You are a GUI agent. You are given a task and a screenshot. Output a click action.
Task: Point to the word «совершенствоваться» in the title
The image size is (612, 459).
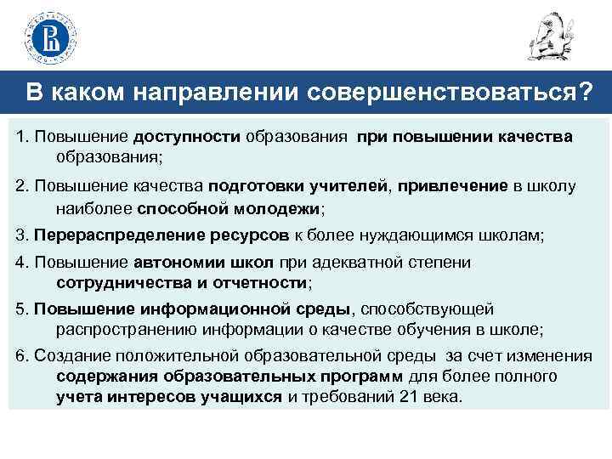(437, 92)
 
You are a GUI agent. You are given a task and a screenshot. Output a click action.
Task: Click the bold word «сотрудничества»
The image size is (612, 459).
(118, 282)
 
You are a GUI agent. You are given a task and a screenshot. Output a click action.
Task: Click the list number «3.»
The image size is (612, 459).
(21, 235)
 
